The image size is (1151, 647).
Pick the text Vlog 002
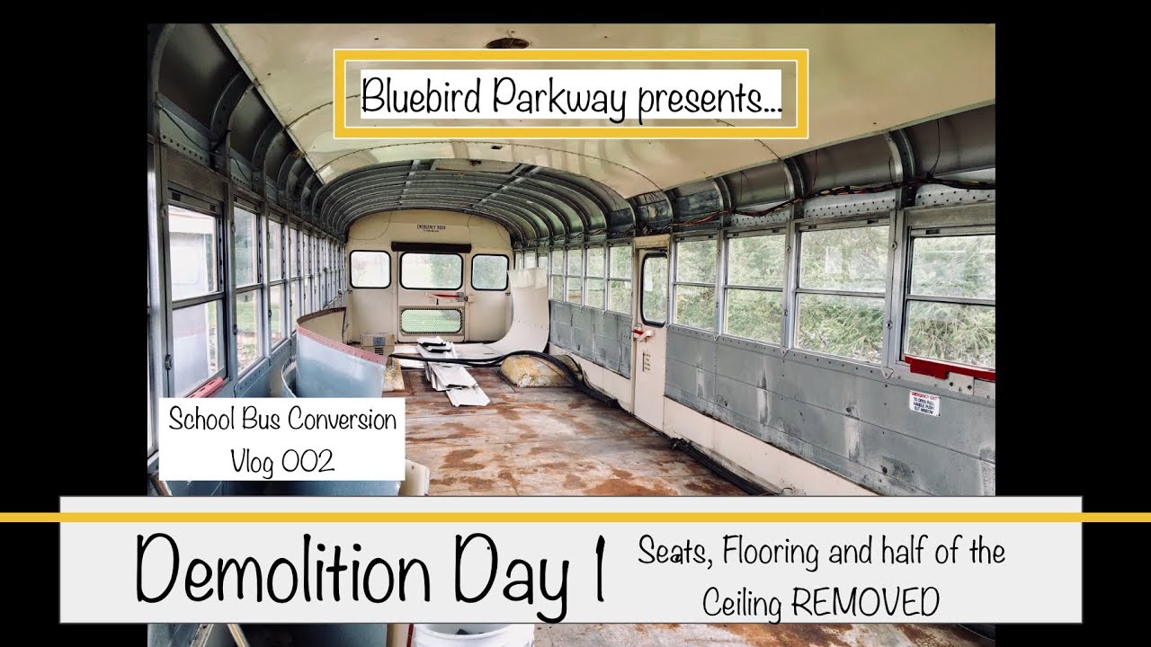281,462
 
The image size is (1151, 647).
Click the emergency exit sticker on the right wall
923,401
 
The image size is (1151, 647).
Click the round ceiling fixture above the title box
507,42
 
